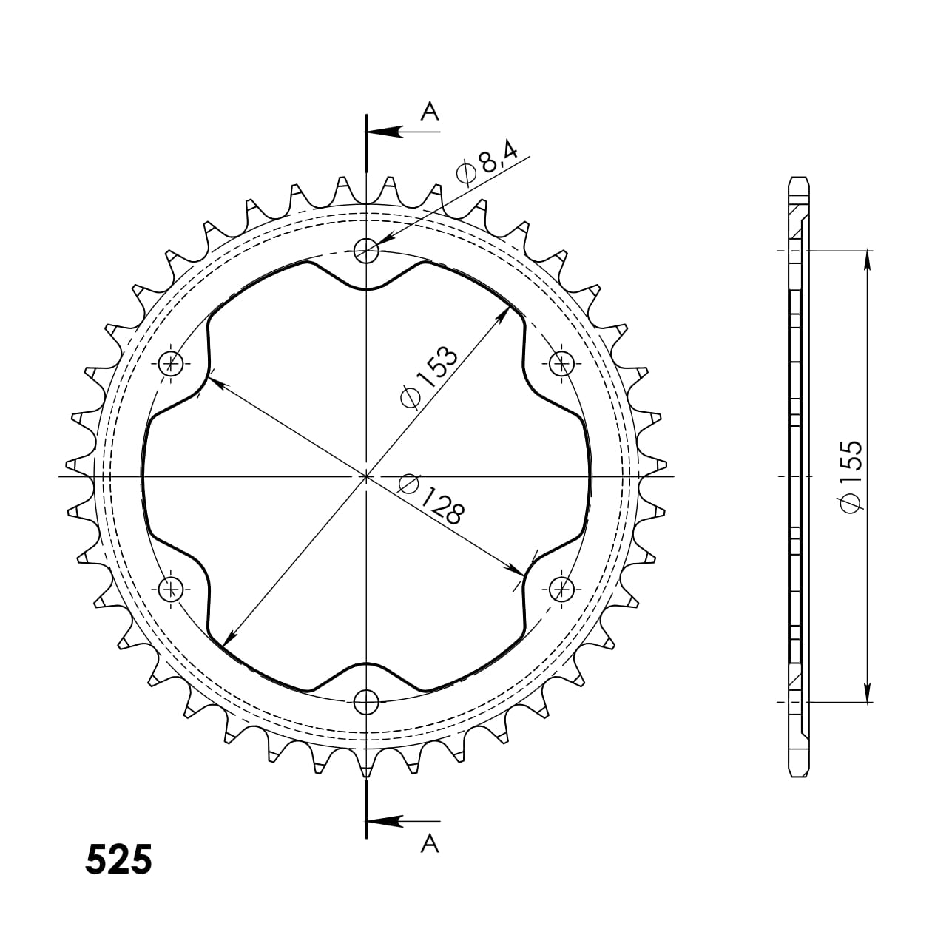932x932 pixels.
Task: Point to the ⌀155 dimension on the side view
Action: [x=851, y=476]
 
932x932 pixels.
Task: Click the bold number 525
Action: [x=119, y=860]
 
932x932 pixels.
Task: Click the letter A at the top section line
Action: [x=430, y=112]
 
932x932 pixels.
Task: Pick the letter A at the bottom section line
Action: [x=430, y=843]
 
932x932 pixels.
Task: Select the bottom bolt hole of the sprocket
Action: [x=366, y=701]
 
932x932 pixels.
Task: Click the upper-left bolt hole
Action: [x=172, y=363]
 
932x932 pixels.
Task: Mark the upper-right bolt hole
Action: [x=561, y=363]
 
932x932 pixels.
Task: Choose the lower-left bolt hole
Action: [x=172, y=589]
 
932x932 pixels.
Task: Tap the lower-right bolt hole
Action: [x=561, y=589]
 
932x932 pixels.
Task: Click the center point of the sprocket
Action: [x=366, y=476]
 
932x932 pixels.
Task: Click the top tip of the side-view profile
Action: [x=799, y=179]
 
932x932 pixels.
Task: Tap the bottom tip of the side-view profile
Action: [x=799, y=775]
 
